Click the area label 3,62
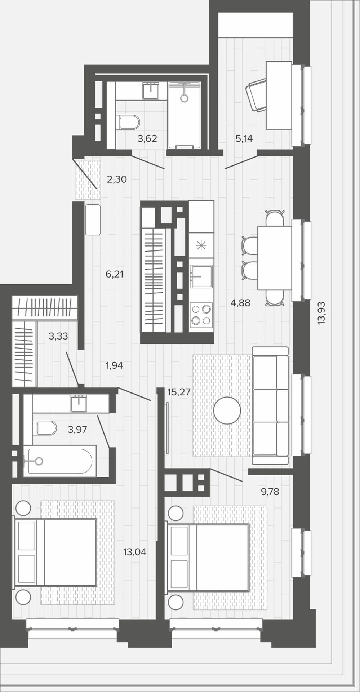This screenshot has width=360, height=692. (x=147, y=138)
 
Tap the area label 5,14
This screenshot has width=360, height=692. (x=244, y=138)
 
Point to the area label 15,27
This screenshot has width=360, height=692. (x=179, y=392)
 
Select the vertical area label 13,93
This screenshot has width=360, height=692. (x=321, y=313)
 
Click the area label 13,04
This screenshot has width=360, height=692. (x=135, y=552)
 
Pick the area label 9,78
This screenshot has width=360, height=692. (x=270, y=492)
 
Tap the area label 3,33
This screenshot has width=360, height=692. (x=58, y=336)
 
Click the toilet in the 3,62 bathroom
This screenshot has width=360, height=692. (x=128, y=122)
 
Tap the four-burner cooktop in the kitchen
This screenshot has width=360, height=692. (x=201, y=315)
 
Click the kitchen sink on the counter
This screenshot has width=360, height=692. (x=201, y=276)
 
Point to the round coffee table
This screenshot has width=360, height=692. (x=227, y=410)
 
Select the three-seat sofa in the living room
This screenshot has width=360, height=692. (x=270, y=405)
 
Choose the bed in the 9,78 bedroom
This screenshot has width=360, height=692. (x=208, y=558)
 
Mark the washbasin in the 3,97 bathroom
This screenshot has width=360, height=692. (x=79, y=403)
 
